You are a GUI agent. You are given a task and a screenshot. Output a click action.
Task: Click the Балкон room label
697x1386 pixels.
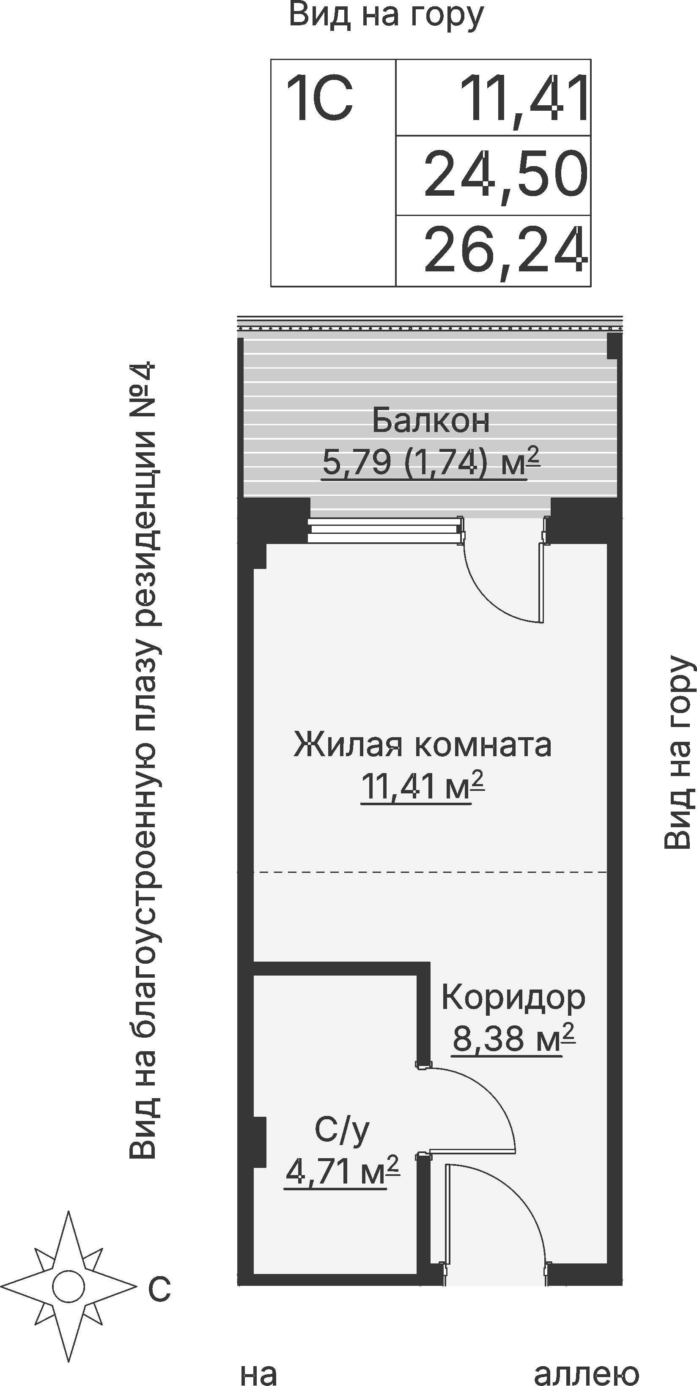pyautogui.click(x=431, y=421)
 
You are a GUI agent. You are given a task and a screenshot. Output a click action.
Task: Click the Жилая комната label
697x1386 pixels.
pyautogui.click(x=423, y=746)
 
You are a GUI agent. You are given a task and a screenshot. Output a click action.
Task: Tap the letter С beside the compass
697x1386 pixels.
pyautogui.click(x=159, y=1289)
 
